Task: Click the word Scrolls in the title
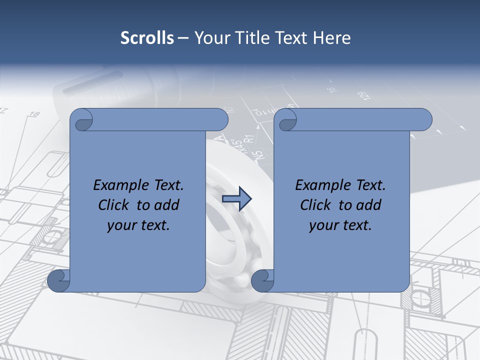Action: pos(147,38)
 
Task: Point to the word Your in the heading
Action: pos(210,38)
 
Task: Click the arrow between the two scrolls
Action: pos(236,199)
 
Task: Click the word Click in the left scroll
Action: pos(113,205)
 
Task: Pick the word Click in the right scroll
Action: pos(315,205)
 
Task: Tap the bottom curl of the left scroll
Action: pos(58,281)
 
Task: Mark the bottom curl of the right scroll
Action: pos(262,281)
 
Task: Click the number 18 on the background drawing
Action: pos(34,115)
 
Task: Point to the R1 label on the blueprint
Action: pos(250,140)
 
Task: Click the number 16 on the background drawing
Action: pos(331,90)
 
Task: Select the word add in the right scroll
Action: pos(370,205)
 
